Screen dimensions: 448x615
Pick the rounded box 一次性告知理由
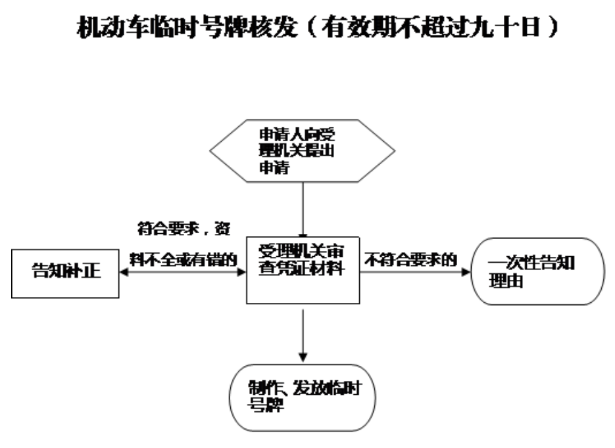[x=539, y=270]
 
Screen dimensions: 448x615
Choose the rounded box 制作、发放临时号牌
[x=302, y=397]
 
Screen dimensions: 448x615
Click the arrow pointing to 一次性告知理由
[x=414, y=271]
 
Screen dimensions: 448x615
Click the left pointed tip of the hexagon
[x=212, y=151]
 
